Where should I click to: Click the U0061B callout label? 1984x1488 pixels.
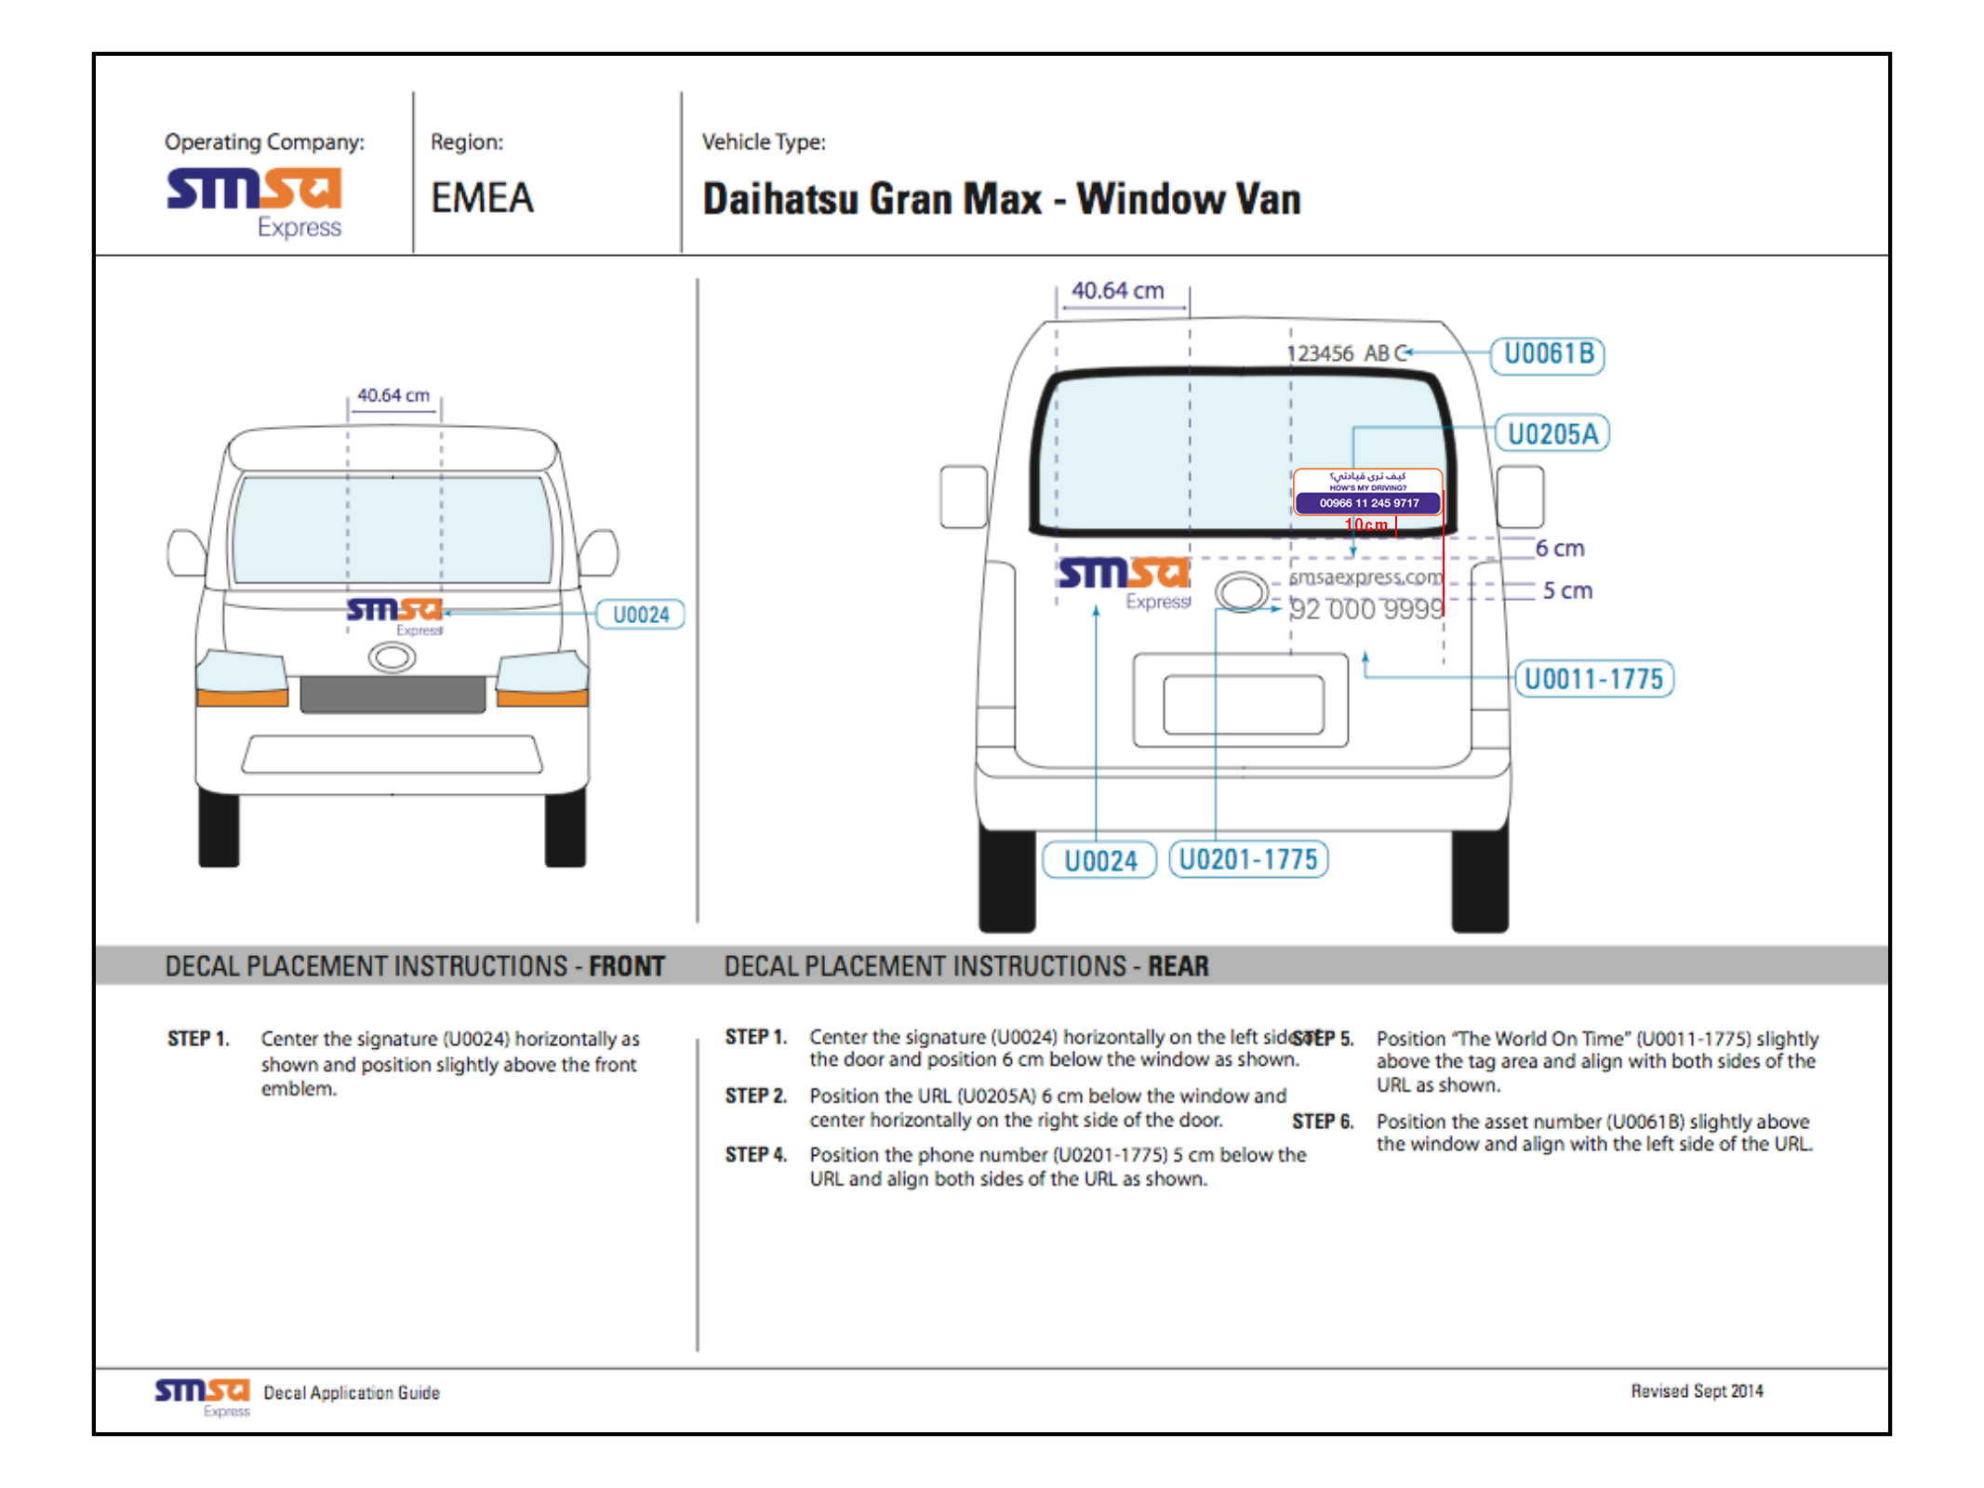pos(1547,354)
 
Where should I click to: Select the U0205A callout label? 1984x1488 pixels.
pos(1551,433)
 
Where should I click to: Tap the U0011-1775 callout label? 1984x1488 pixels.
pos(1593,679)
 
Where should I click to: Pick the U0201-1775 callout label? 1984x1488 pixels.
pos(1247,859)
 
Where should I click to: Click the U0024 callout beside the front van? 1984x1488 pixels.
pos(640,615)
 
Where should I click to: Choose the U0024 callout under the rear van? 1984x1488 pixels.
pos(1099,860)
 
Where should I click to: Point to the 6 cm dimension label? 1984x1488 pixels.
pos(1559,549)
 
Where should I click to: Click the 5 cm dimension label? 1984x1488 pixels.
pos(1566,591)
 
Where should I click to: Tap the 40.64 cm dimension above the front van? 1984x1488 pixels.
pos(393,395)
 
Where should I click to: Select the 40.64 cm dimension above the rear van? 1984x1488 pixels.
pos(1117,291)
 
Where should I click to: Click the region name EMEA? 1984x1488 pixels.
pos(482,198)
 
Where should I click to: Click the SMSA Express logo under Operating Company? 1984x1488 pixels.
pos(255,201)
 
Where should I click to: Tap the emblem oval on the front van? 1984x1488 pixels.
pos(392,658)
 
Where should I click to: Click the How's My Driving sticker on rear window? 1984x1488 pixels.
pos(1367,492)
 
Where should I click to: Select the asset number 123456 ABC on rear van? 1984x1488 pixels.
pos(1345,353)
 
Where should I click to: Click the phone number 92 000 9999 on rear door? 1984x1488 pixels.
pos(1366,609)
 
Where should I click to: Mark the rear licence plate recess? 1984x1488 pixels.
pos(1243,704)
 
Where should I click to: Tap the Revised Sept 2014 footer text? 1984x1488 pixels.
pos(1696,1391)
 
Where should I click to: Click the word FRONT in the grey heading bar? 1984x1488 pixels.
pos(627,966)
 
